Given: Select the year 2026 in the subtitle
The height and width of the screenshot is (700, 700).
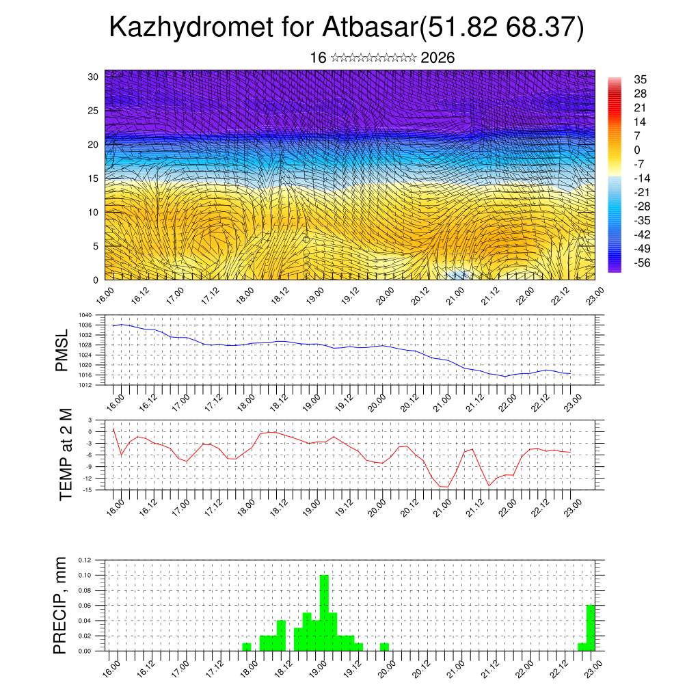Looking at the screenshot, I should (x=437, y=58).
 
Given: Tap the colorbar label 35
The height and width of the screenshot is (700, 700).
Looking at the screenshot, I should (x=641, y=79).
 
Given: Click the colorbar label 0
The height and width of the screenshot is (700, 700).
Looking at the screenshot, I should (x=637, y=150).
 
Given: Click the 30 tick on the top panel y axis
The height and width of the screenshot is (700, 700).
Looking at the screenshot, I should (x=94, y=77).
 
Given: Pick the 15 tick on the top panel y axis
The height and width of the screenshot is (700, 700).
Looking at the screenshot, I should (x=94, y=178).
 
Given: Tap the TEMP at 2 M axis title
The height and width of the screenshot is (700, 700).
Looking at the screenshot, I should (x=66, y=454).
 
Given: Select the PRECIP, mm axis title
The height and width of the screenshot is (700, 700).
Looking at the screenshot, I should (x=62, y=604).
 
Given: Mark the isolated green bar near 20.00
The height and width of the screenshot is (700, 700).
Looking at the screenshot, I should (x=384, y=647).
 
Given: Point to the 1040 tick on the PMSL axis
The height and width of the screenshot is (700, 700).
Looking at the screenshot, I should (x=85, y=316).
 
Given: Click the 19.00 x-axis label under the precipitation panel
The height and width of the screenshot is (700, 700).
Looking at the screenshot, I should (x=317, y=666).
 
